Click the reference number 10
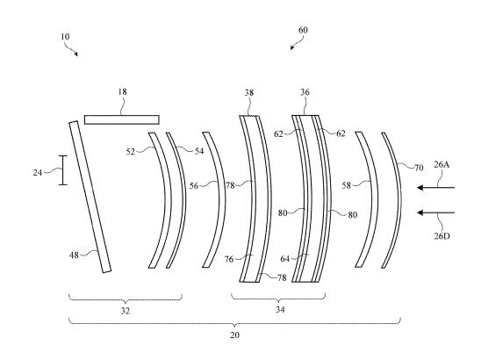tap(65, 37)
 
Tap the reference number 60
tap(303, 30)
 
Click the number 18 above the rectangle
tap(122, 91)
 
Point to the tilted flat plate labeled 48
tap(90, 197)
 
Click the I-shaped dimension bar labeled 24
tap(63, 170)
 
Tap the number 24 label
tap(38, 173)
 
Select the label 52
tap(131, 152)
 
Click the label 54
tap(199, 151)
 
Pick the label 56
tap(194, 185)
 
